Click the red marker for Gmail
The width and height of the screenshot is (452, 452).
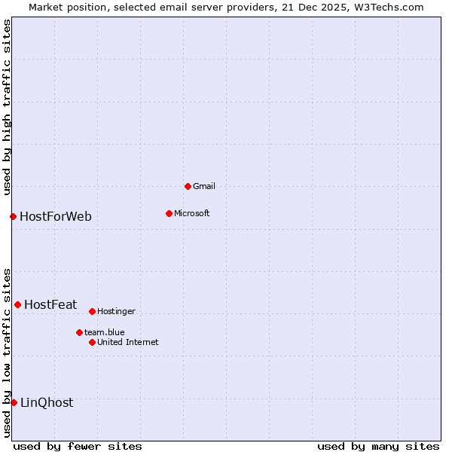point(188,186)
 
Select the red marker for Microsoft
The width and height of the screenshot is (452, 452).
point(169,213)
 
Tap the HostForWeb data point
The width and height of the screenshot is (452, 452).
point(13,217)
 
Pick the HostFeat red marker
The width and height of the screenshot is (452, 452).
point(17,304)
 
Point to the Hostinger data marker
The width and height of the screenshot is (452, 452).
point(92,311)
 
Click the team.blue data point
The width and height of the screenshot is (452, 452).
point(79,332)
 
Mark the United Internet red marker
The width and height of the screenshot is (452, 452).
point(92,342)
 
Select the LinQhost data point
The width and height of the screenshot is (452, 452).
point(14,402)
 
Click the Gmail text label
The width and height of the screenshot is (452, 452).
point(204,186)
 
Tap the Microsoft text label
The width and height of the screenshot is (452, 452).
point(192,213)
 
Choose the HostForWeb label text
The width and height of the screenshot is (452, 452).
point(56,217)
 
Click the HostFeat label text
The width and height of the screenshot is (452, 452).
point(50,304)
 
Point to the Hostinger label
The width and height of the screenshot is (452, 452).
point(117,311)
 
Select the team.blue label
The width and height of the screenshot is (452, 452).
point(105,332)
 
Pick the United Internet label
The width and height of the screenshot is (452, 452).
point(128,342)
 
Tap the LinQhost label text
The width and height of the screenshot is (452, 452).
point(47,402)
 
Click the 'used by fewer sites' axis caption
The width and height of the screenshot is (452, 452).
point(78,446)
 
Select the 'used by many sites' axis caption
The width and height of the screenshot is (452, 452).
point(378,446)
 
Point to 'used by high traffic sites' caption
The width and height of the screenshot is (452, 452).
point(7,107)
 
